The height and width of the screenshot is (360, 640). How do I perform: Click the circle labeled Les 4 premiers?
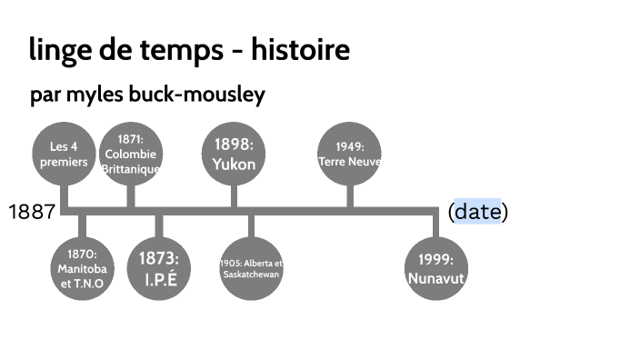64,154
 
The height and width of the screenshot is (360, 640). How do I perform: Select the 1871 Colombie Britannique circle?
131,154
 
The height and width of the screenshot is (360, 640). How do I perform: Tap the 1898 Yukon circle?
234,154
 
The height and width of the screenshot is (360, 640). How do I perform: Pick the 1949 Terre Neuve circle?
350,154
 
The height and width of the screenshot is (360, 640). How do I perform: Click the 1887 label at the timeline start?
32,213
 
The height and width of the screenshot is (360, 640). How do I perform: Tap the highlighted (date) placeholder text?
477,213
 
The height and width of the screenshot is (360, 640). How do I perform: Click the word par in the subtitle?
45,95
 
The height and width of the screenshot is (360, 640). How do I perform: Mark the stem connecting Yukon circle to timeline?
234,195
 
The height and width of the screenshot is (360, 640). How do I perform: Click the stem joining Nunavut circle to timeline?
435,225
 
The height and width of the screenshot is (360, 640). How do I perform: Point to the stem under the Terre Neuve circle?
350,195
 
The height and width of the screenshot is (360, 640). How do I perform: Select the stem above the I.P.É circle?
160,226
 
